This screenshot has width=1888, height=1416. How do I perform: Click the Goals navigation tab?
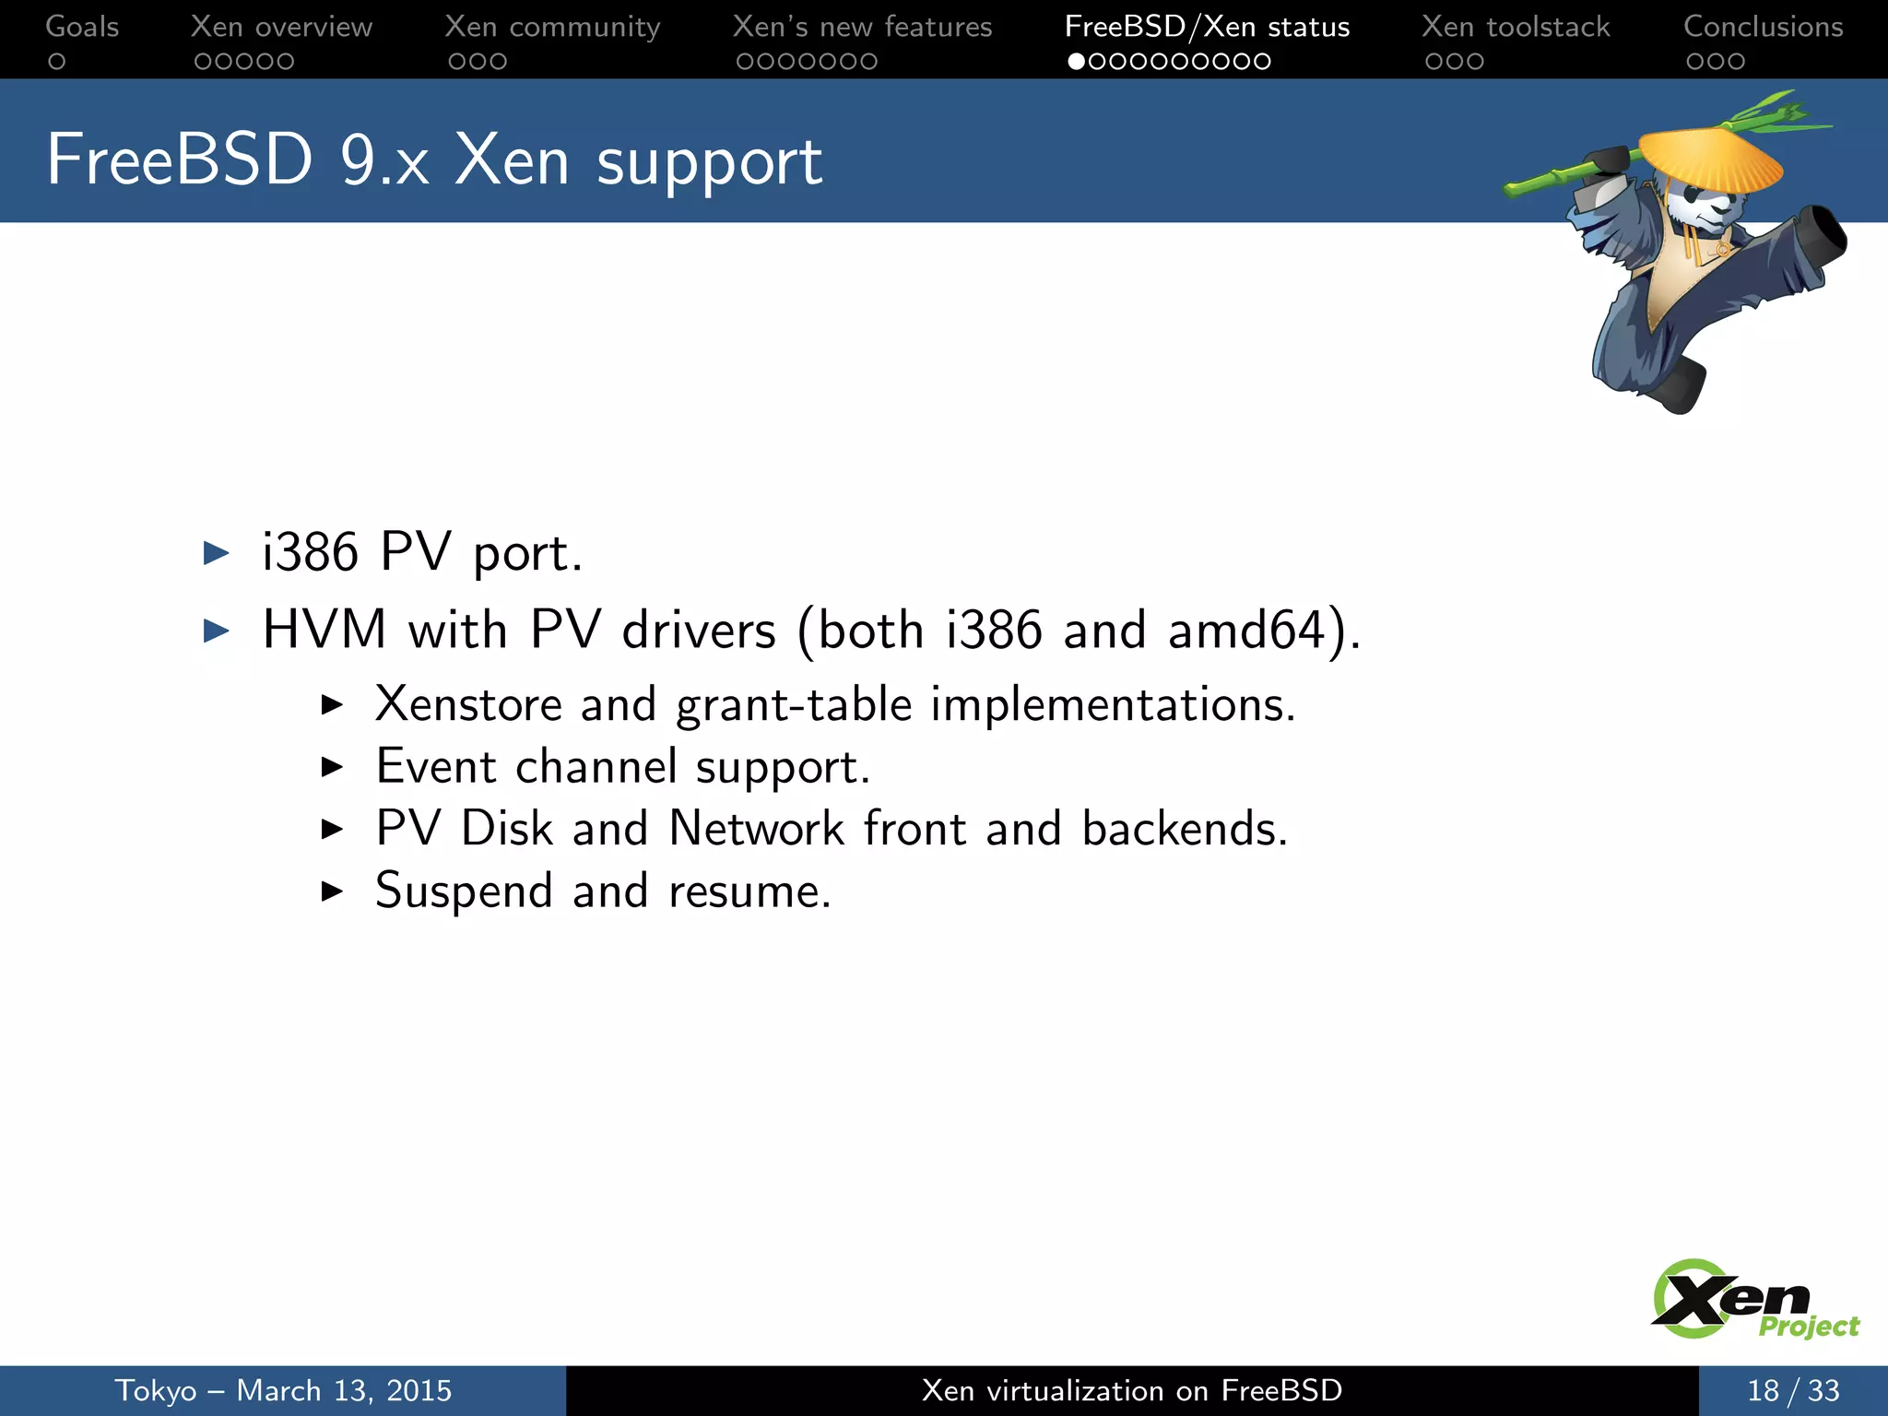82,27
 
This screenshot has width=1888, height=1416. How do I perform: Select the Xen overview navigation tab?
281,27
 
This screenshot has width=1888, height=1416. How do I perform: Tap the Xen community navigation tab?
552,27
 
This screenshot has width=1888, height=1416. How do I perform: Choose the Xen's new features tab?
862,27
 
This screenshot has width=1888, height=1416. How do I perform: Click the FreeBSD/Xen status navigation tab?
1207,27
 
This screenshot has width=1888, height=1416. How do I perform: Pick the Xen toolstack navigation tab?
1516,27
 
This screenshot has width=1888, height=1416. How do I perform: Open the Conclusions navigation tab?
1763,27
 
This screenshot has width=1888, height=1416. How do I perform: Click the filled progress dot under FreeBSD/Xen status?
1076,62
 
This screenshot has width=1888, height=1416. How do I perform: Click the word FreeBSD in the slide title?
180,160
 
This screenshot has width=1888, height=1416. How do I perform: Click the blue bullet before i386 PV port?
216,553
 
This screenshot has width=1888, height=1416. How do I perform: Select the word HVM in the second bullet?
324,631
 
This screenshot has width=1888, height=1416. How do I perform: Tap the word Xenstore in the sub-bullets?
468,705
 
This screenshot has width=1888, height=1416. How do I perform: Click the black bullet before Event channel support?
332,767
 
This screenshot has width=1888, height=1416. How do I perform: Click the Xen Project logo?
1752,1300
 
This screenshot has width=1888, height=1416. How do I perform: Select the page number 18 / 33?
1793,1390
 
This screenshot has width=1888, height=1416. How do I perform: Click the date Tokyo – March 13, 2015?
283,1390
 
